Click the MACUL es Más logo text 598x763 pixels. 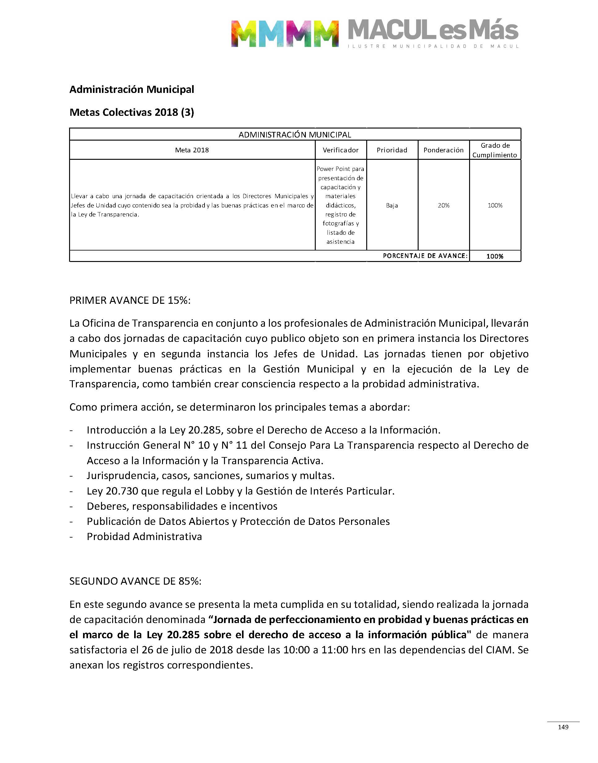coord(433,31)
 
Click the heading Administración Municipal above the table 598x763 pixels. coord(132,89)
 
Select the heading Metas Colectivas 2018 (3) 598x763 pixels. coord(132,112)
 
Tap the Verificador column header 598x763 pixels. coord(340,150)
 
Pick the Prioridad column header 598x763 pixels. coord(392,150)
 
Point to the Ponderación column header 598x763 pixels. coord(443,150)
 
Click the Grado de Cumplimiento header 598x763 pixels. coord(495,150)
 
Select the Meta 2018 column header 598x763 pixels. coord(192,150)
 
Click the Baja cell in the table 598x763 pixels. coord(392,205)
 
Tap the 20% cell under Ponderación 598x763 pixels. coord(443,205)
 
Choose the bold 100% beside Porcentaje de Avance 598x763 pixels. coord(495,256)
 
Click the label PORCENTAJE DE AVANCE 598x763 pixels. coord(425,256)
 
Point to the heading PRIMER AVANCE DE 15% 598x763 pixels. coord(130,300)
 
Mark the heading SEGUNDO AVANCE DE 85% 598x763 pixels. coord(135,581)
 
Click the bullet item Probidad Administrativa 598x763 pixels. coord(144,537)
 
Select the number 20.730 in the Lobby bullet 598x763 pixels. coord(122,491)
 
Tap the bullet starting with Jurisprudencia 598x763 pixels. coord(210,476)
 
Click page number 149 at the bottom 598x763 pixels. coord(563,727)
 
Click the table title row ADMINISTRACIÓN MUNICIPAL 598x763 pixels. coord(295,135)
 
